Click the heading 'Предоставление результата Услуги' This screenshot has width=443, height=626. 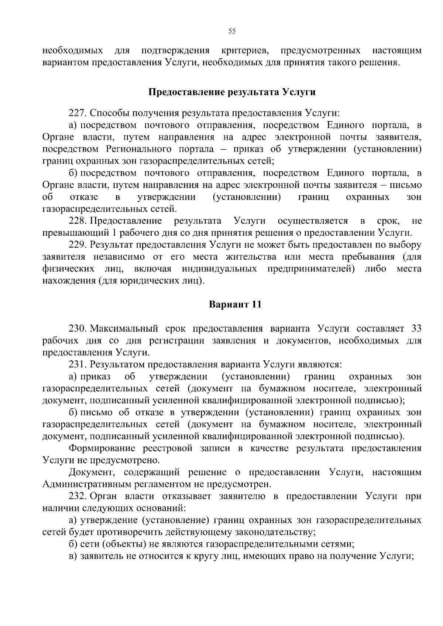[232, 92]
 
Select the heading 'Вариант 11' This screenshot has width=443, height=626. [235, 305]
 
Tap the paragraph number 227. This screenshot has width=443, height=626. [77, 113]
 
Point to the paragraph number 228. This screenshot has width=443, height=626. [77, 221]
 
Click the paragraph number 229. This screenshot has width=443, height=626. [77, 245]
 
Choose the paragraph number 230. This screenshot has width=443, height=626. [77, 328]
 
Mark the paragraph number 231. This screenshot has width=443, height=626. [77, 364]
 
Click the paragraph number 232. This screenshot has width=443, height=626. [77, 496]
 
